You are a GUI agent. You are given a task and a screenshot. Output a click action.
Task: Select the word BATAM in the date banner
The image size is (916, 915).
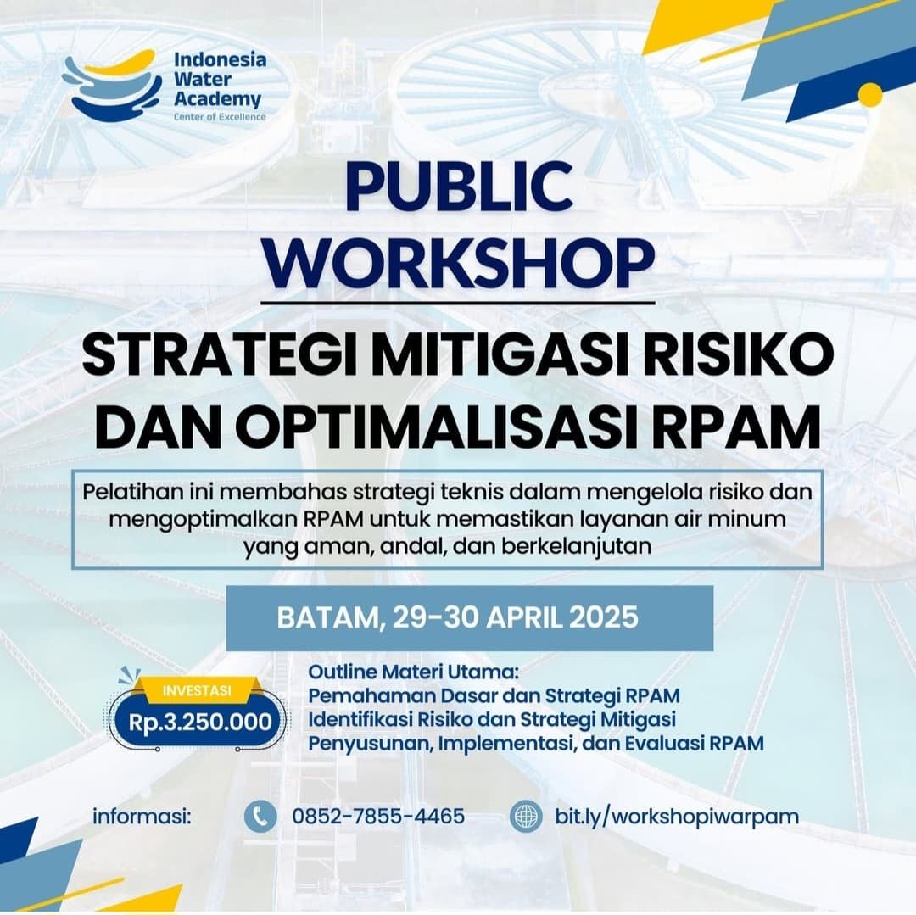(x=327, y=617)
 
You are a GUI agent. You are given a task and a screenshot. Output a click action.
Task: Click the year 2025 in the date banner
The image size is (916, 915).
(x=603, y=617)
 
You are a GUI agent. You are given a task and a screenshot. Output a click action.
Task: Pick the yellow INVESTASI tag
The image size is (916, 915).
(x=195, y=690)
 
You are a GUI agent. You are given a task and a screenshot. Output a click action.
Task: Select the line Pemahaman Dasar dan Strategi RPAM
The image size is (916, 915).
(x=494, y=696)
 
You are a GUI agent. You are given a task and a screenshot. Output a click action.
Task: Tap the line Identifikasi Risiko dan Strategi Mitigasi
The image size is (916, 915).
(x=492, y=720)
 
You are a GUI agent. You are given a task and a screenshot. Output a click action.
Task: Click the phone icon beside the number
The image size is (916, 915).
(x=260, y=817)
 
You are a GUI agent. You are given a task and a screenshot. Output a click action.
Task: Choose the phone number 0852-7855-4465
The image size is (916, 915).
(x=378, y=817)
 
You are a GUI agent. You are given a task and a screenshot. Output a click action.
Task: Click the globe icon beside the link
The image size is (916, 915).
(x=527, y=817)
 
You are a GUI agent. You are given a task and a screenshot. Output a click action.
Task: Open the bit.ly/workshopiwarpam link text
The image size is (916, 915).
(x=677, y=817)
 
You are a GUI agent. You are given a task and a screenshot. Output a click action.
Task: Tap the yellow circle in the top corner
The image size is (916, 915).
(x=870, y=94)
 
